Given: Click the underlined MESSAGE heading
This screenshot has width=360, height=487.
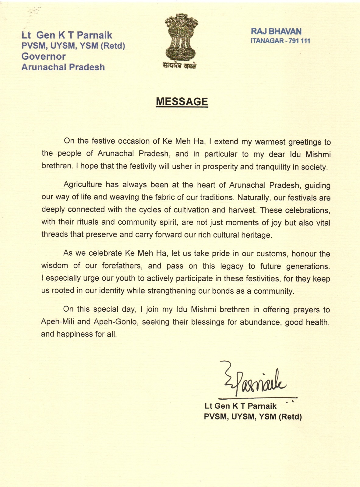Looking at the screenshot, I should [182, 102].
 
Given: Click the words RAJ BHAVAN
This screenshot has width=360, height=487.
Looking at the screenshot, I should [276, 31].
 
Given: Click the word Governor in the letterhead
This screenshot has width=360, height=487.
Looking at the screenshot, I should [44, 56].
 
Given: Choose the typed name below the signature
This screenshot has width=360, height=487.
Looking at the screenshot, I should [241, 406].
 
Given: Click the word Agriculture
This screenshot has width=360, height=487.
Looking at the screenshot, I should [83, 184].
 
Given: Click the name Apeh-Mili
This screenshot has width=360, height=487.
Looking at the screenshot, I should [56, 322].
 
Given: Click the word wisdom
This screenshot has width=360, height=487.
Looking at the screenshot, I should [55, 265].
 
